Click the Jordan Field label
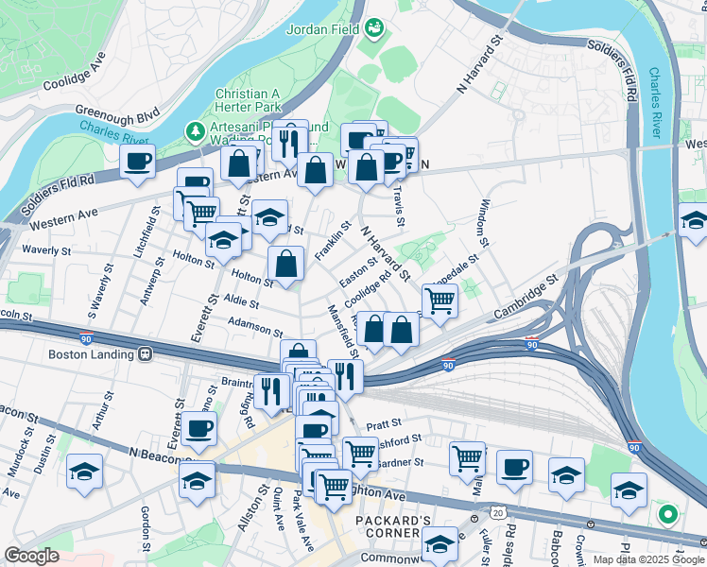(323, 28)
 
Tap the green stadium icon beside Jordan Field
(374, 28)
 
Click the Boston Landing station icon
(146, 354)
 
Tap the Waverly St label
(46, 251)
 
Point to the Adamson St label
(255, 327)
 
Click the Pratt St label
(385, 422)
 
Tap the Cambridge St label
(526, 296)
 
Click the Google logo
(32, 556)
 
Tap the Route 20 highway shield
(498, 512)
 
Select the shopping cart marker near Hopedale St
(440, 301)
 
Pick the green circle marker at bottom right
(668, 516)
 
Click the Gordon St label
(146, 529)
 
